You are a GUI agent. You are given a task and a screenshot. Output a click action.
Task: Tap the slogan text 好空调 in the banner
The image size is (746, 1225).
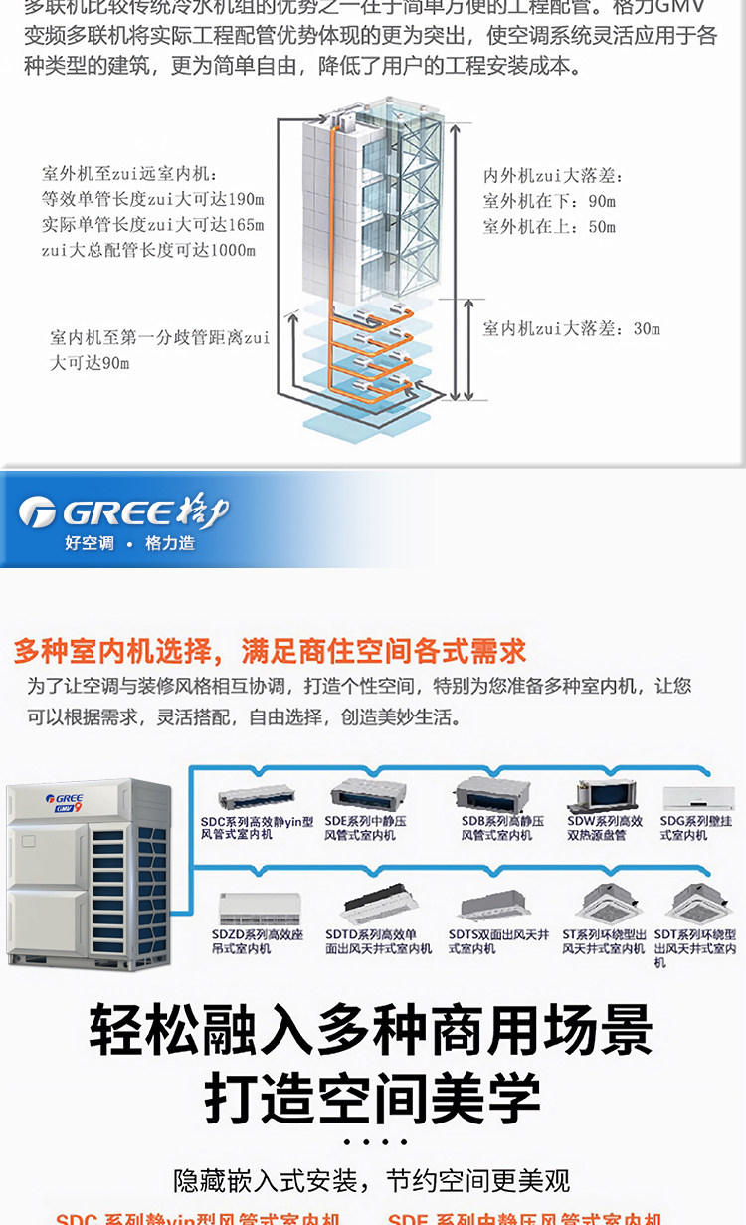[x=90, y=543]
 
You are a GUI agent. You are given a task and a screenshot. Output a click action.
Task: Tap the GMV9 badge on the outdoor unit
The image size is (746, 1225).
[x=67, y=808]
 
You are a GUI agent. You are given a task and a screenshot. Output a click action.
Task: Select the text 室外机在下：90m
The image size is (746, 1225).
[x=549, y=201]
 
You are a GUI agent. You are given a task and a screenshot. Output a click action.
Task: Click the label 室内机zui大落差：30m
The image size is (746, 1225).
[x=571, y=328]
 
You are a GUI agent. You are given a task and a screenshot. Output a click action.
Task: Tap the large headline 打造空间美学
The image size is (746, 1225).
[x=373, y=1098]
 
